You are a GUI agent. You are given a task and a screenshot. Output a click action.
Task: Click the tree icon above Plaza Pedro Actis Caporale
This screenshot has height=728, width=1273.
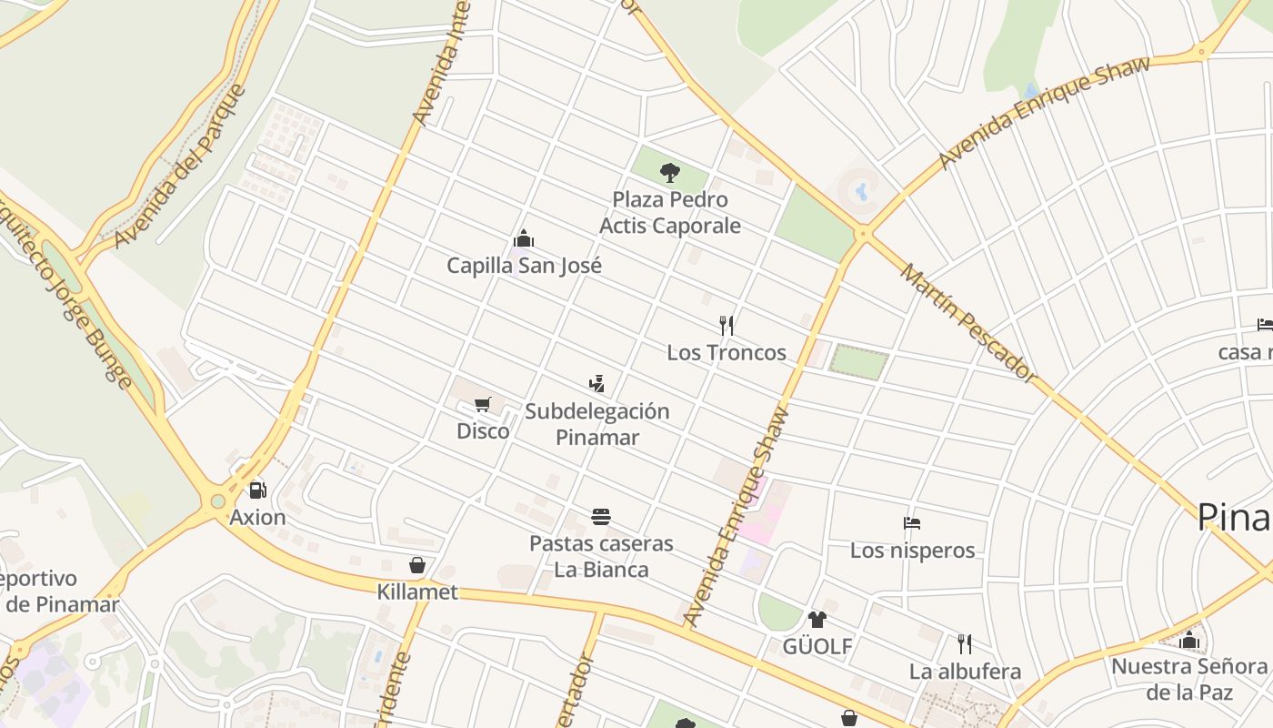point(670,172)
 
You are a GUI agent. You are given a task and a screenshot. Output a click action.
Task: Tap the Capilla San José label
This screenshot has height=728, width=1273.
point(524,266)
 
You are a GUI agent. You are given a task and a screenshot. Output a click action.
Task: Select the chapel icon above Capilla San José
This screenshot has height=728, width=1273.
point(524,239)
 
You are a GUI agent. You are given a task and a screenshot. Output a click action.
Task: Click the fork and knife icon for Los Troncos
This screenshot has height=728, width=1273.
point(727,326)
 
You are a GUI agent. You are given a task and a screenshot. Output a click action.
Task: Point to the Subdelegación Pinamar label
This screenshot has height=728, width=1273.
point(597,424)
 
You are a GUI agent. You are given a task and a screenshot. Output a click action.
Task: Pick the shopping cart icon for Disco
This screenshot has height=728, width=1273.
point(483,404)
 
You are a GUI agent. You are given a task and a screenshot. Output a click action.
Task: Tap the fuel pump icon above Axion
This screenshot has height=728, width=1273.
point(257,490)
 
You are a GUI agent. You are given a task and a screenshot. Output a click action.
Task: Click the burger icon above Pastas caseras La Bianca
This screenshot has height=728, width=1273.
point(601,517)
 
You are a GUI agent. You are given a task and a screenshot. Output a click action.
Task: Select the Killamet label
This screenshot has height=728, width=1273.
point(417,592)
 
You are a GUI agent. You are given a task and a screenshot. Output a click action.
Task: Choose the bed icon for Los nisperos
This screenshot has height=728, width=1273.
point(912,523)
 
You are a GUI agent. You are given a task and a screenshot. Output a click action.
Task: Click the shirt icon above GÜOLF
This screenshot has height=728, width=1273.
point(817,620)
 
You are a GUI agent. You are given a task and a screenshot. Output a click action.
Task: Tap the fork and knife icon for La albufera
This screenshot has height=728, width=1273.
point(965,644)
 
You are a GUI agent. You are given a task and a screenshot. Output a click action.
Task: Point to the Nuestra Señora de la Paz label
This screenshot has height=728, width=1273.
point(1188,679)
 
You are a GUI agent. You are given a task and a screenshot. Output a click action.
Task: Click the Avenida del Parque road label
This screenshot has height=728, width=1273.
point(182,166)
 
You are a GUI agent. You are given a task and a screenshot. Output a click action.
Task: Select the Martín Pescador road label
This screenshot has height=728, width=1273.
point(967,323)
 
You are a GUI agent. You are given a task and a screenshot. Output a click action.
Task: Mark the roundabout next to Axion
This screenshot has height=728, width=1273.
point(216,500)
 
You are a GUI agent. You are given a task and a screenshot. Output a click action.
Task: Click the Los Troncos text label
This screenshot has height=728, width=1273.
point(727,352)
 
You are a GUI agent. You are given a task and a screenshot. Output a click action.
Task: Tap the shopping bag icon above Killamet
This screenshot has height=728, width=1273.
point(417,566)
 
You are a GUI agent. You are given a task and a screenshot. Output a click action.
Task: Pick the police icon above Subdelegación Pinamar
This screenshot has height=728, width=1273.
point(596,384)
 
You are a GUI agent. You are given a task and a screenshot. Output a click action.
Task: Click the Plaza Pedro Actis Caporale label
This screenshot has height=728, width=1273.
point(670,212)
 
